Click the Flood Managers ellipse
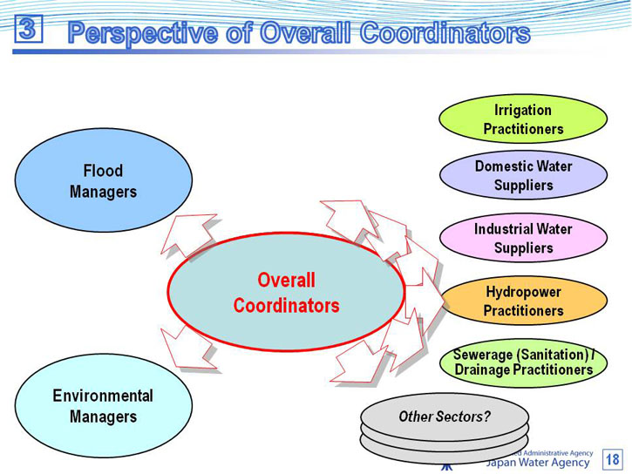103,180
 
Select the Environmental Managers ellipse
103,406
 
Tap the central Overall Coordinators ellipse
286,293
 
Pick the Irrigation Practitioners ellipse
523,119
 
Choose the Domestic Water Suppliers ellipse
523,175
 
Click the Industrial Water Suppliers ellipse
523,238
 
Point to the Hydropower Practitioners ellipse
523,301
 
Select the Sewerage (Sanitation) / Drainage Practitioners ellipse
523,362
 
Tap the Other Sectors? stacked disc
445,417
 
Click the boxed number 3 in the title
28,29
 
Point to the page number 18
613,459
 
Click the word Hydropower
523,292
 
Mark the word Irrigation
523,110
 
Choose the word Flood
103,171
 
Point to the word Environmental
103,396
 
